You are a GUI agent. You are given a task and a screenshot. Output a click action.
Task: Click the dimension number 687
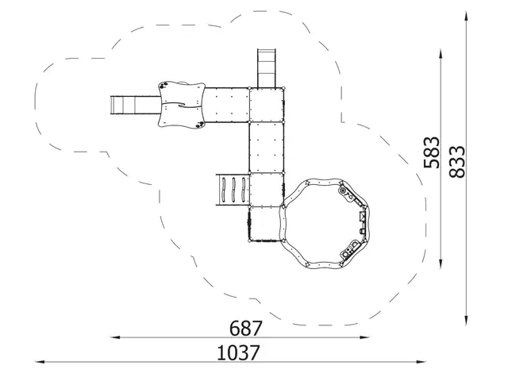tap(245, 328)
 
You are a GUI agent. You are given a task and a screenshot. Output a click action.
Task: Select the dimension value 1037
tap(238, 352)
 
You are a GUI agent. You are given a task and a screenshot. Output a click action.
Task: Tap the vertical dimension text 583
tap(432, 152)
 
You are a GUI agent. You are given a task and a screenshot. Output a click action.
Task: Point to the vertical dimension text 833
tap(456, 163)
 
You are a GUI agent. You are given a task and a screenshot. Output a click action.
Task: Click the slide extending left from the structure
tap(135, 104)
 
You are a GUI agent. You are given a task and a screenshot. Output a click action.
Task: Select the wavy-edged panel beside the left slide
tap(183, 104)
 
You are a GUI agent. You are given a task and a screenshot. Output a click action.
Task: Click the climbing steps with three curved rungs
tap(230, 190)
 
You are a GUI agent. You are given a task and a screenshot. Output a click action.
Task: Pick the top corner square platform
tap(267, 104)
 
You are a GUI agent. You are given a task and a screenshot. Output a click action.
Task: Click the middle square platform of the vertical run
tap(267, 148)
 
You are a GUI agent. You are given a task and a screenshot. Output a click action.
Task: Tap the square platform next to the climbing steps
tap(267, 190)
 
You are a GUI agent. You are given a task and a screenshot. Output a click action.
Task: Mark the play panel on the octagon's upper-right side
tap(347, 193)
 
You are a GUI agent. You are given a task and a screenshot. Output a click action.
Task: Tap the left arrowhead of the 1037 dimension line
tap(39, 362)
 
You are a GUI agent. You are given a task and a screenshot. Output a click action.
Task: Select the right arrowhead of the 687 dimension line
tap(366, 337)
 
